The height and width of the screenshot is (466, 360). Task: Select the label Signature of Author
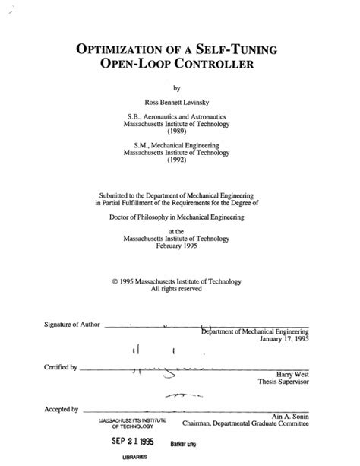click(71, 325)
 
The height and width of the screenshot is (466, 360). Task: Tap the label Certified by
click(62, 367)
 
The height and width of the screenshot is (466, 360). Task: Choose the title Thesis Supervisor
click(285, 382)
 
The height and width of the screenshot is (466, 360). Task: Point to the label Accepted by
click(62, 410)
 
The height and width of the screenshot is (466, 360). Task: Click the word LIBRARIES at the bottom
click(133, 459)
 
